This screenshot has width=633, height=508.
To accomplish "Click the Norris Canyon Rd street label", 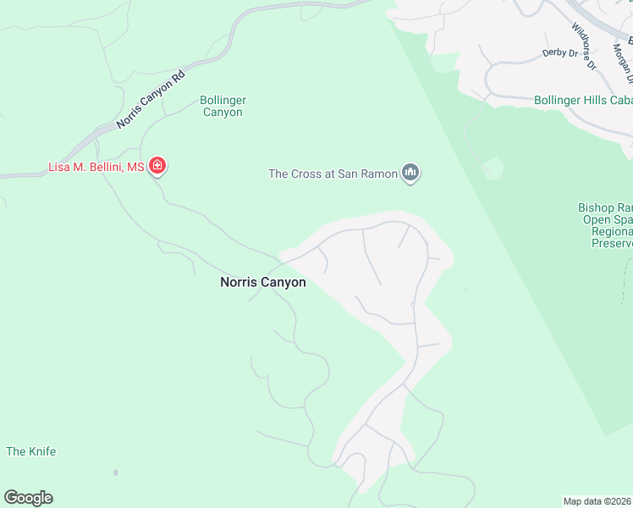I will [151, 100].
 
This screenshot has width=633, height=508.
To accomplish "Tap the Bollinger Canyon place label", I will [223, 106].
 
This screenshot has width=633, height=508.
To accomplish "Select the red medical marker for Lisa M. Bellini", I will [157, 166].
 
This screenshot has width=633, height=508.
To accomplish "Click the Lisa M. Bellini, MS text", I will [96, 168].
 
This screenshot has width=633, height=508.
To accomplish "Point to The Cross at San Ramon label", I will [333, 174].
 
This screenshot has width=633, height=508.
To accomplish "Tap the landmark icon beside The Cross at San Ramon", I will [411, 174].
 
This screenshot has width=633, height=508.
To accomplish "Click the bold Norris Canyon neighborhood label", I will [263, 283].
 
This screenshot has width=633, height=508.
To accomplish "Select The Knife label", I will [31, 451].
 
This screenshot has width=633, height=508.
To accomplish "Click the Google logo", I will [28, 498].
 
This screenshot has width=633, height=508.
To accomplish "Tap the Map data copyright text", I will [597, 501].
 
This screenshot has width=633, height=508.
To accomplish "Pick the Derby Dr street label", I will [559, 52].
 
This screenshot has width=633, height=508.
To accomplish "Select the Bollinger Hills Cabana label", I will [583, 100].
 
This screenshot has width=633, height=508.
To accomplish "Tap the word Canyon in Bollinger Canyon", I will [223, 113].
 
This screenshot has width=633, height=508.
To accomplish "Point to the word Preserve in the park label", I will [612, 244].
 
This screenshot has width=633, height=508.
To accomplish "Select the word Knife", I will [41, 451].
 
